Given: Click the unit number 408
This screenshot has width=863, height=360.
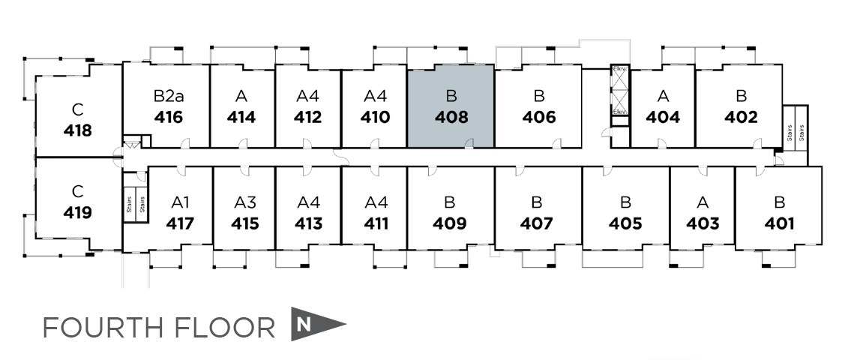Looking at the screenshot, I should (x=451, y=118).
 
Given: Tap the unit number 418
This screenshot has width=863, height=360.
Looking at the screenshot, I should (x=78, y=130).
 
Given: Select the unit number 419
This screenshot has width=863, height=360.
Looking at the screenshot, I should (x=78, y=213).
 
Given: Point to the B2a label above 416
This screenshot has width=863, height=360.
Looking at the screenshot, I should (x=168, y=96).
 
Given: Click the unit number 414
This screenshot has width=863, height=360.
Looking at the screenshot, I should (x=241, y=118).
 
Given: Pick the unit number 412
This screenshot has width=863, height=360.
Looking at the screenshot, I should (x=307, y=118).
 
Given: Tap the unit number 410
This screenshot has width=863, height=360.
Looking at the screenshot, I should (x=374, y=118).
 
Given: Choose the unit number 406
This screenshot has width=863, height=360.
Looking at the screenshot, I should (x=538, y=118).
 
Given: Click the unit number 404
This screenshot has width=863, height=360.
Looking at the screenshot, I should (x=662, y=118).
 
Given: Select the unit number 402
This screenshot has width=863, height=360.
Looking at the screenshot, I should (x=740, y=118).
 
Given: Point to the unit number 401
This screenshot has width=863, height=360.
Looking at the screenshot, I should (x=779, y=223).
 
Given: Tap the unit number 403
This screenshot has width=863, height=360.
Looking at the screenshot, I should (x=702, y=223).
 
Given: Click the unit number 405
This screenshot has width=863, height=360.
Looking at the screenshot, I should (x=625, y=223).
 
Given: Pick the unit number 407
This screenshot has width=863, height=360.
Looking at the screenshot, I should (x=536, y=223).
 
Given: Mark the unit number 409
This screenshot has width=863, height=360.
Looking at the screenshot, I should (x=449, y=223).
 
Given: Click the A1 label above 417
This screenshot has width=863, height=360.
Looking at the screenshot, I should (x=180, y=202).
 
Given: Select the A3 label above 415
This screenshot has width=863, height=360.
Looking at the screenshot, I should (x=245, y=202).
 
